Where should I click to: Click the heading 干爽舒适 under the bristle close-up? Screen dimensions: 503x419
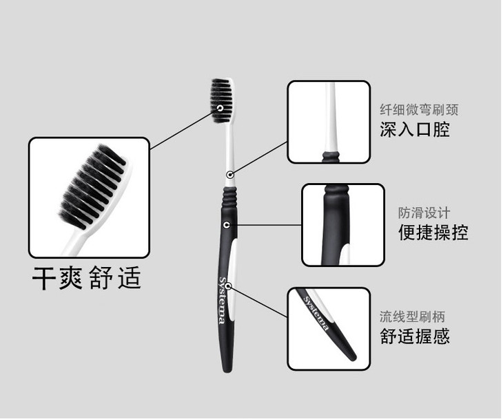point(87,278)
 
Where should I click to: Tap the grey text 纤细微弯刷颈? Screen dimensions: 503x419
point(419,109)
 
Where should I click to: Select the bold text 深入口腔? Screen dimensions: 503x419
point(415,129)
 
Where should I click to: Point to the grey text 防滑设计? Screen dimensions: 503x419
point(424,213)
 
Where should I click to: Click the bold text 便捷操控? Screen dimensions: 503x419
point(433,233)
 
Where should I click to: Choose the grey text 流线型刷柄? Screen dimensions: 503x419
point(413,316)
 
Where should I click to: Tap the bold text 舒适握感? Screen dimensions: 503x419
point(415,336)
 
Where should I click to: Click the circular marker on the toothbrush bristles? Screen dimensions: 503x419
point(220,108)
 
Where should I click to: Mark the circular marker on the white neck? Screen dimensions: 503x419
point(229,175)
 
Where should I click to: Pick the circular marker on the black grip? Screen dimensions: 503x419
point(227,225)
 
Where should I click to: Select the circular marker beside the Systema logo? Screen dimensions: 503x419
point(228,286)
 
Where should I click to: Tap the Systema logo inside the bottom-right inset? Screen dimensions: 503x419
point(316,313)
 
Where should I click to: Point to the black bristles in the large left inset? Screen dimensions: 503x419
point(92,186)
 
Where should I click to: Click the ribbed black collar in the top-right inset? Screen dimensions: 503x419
point(331,157)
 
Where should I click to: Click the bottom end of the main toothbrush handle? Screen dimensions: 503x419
point(227,371)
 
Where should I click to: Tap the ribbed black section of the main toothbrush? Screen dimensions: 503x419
point(230,195)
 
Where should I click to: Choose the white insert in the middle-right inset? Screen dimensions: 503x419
point(345,254)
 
